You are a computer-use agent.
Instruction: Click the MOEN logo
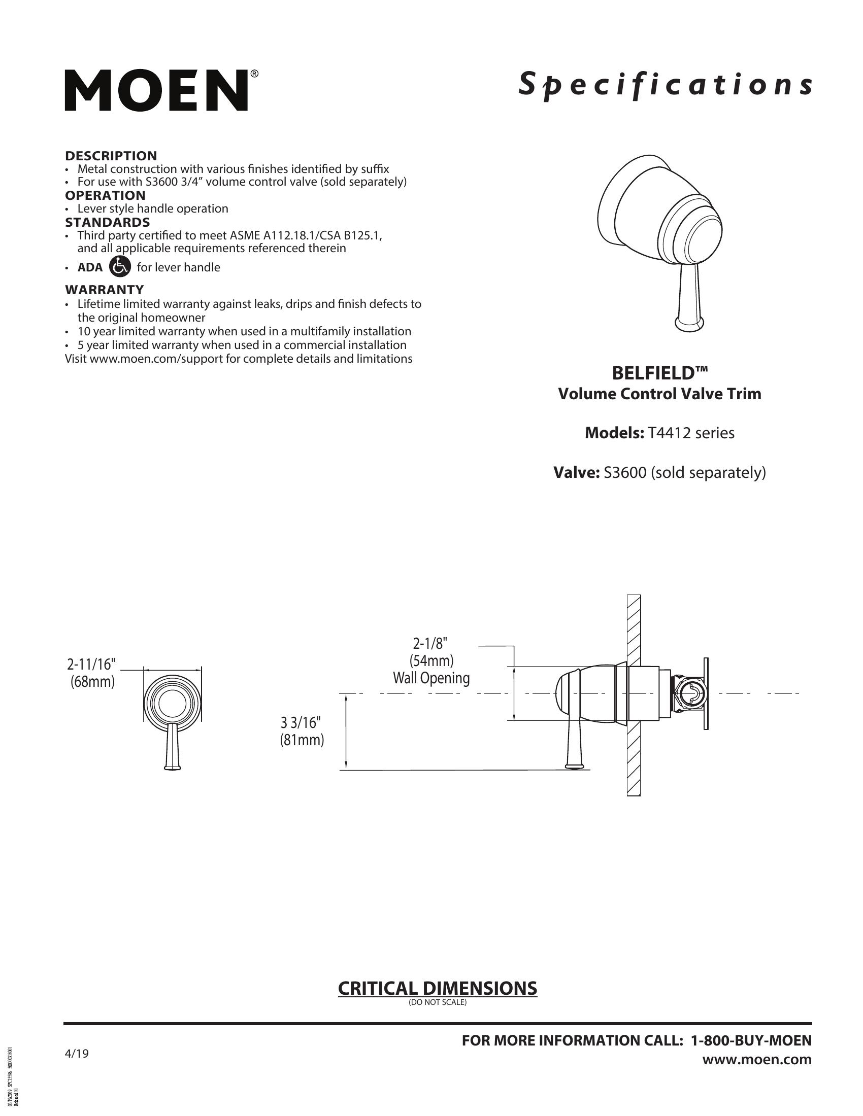click(156, 91)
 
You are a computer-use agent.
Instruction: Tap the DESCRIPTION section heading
click(111, 156)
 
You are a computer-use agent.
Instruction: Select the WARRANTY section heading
click(104, 290)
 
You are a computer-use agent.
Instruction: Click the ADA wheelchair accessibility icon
click(120, 267)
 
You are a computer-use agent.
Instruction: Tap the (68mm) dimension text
click(92, 682)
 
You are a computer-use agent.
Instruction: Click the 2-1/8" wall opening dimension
click(431, 643)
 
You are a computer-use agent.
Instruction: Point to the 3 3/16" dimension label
click(302, 722)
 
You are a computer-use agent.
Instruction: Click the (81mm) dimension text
click(302, 740)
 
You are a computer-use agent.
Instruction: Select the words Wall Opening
click(431, 678)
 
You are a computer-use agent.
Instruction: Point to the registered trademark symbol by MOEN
click(254, 75)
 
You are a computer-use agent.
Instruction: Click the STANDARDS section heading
click(107, 222)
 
